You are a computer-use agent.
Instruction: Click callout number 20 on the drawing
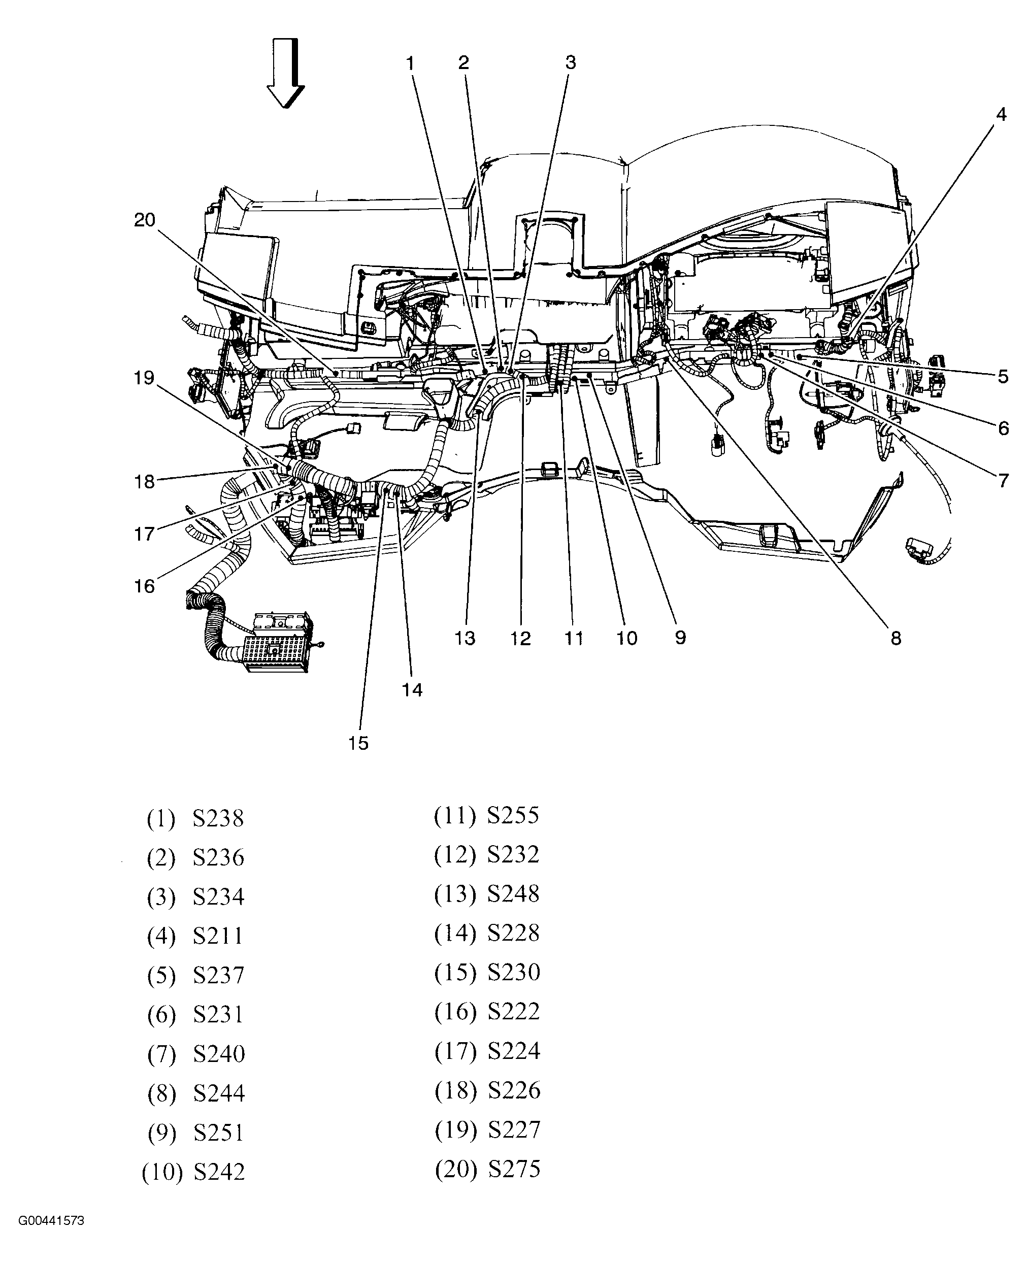145,220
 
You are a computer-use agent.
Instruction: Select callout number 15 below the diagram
358,743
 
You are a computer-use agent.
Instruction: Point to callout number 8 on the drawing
896,638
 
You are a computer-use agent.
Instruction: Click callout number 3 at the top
570,63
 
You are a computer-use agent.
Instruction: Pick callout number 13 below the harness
465,638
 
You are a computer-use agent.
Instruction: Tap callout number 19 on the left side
144,378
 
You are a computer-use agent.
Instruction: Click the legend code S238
218,819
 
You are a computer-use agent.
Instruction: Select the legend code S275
514,1169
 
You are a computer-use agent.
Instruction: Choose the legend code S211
218,936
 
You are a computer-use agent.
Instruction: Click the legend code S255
513,815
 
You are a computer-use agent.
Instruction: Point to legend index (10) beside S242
161,1172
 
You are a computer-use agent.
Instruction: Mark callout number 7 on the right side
1003,480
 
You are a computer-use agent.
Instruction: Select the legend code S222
513,1011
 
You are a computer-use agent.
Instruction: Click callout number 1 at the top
410,63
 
